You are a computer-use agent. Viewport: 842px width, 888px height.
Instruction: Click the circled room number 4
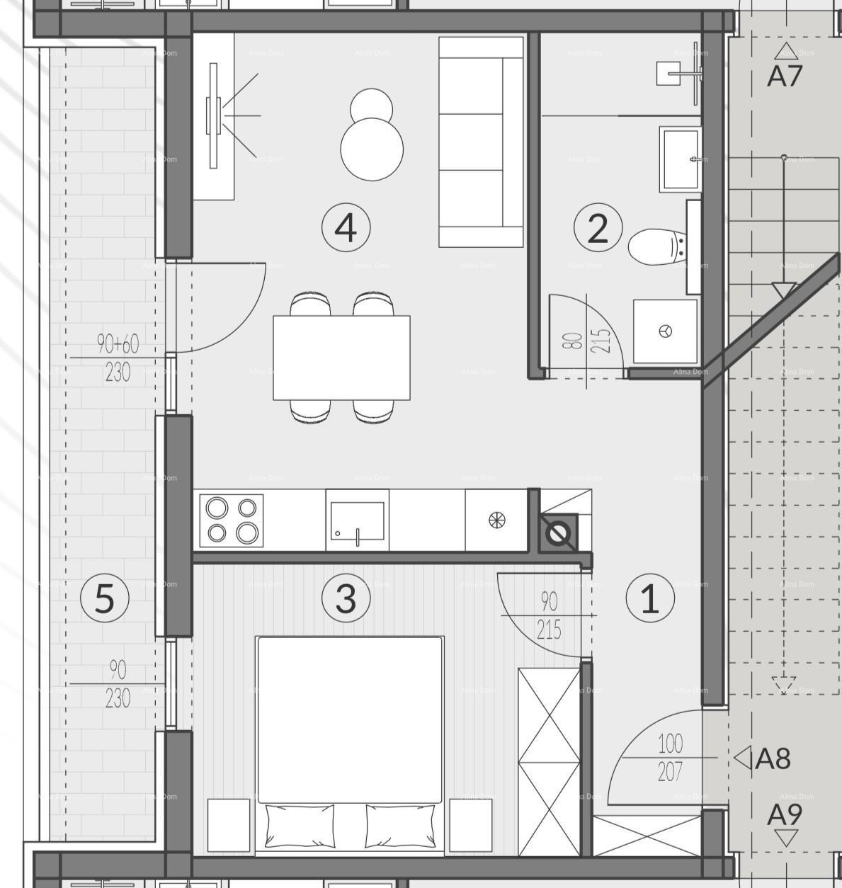pyautogui.click(x=346, y=227)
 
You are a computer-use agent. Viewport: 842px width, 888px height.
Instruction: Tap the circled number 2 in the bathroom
pyautogui.click(x=598, y=228)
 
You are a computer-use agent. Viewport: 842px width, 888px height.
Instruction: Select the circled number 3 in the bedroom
pyautogui.click(x=346, y=598)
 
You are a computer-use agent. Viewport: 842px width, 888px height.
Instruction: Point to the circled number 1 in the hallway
pyautogui.click(x=650, y=598)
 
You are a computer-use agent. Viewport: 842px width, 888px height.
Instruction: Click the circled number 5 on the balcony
pyautogui.click(x=104, y=598)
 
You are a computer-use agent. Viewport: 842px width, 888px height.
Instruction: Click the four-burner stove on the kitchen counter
pyautogui.click(x=231, y=520)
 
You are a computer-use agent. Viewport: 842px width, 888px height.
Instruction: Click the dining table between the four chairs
pyautogui.click(x=341, y=358)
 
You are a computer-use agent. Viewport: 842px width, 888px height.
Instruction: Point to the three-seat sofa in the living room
pyautogui.click(x=481, y=142)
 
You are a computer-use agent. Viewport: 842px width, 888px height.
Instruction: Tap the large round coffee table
pyautogui.click(x=372, y=149)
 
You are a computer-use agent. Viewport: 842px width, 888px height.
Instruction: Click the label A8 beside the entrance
pyautogui.click(x=772, y=758)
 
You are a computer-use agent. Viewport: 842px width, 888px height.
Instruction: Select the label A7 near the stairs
pyautogui.click(x=784, y=75)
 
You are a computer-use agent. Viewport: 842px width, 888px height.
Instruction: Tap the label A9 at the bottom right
pyautogui.click(x=785, y=816)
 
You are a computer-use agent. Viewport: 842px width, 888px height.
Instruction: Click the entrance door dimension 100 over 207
pyautogui.click(x=670, y=757)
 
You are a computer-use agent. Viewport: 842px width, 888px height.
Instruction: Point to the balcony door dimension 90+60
pyautogui.click(x=118, y=345)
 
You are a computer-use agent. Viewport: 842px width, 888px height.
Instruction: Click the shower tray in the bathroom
pyautogui.click(x=665, y=331)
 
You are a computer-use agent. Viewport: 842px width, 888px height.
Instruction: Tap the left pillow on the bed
pyautogui.click(x=300, y=826)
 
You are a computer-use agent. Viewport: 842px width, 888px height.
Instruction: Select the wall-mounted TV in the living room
pyautogui.click(x=212, y=115)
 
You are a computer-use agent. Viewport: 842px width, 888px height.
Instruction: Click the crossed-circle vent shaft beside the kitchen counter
pyautogui.click(x=558, y=533)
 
